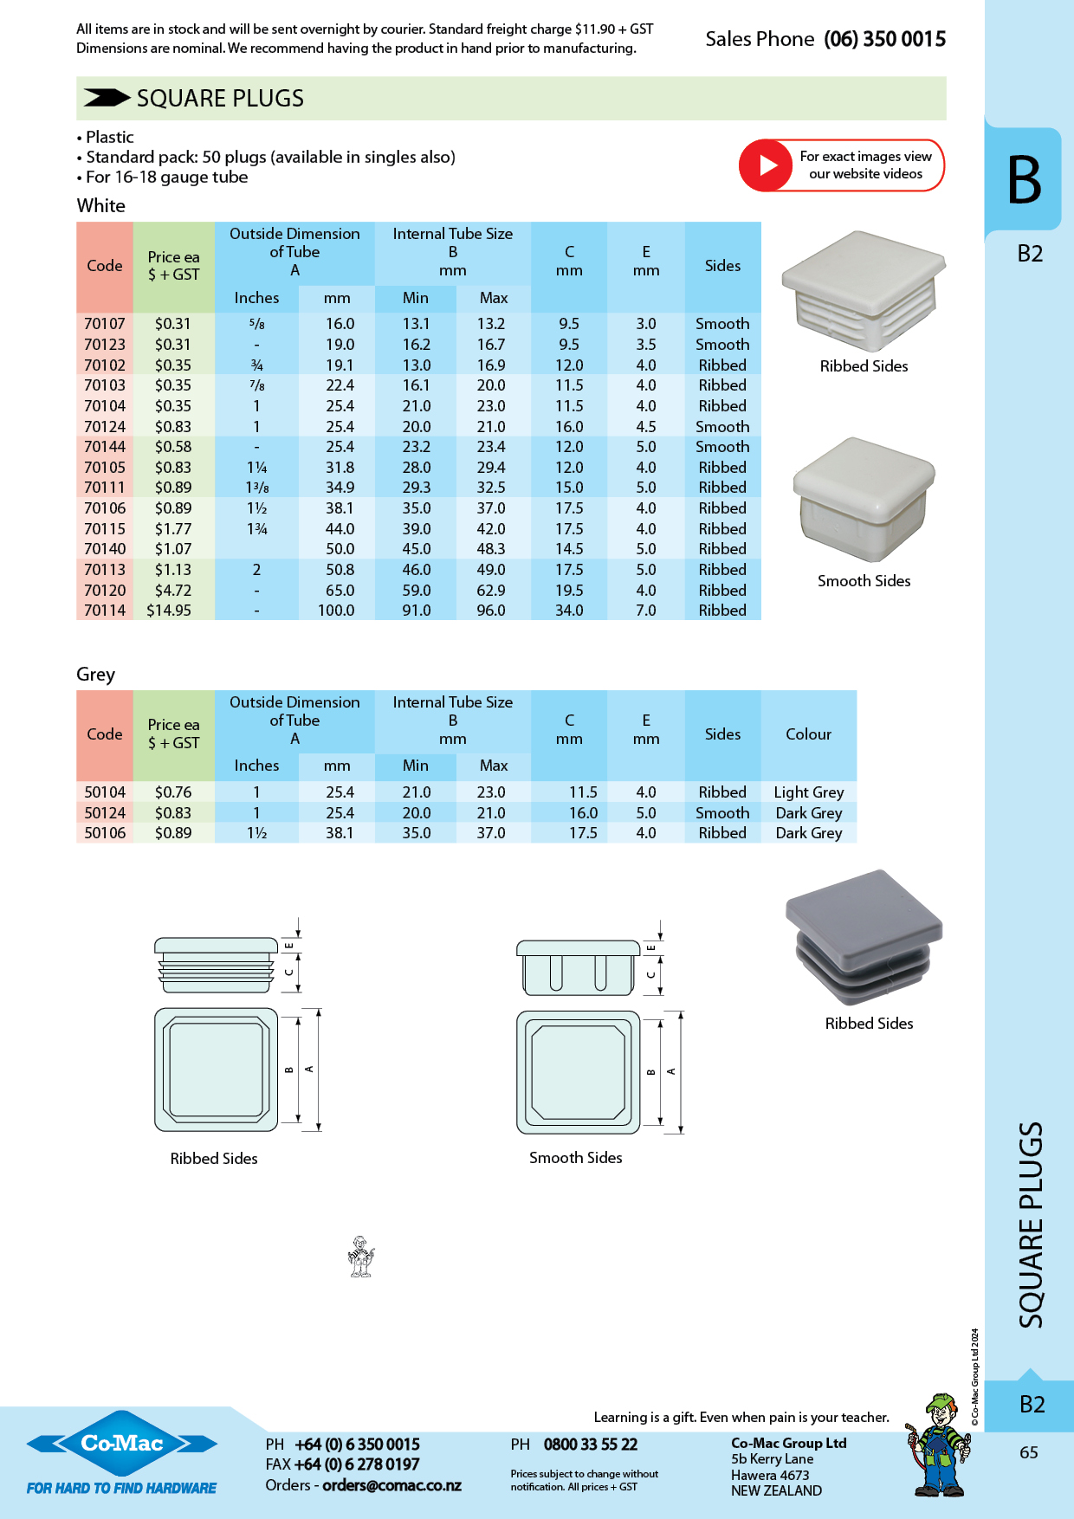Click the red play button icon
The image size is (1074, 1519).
(766, 165)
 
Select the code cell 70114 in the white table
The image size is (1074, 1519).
(105, 611)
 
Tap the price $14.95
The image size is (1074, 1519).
(169, 611)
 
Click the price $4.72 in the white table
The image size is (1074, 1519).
(173, 591)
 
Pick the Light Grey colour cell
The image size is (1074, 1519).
(809, 792)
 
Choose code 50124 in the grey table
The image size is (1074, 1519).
(105, 813)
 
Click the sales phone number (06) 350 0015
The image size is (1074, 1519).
(884, 39)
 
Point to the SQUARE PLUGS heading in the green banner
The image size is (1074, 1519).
(220, 98)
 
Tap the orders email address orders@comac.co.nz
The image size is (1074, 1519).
(391, 1485)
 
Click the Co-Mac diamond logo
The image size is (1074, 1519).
(122, 1443)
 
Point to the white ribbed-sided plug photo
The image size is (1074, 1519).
(864, 290)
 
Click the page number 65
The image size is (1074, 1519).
(1029, 1452)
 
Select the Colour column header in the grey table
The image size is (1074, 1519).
(808, 734)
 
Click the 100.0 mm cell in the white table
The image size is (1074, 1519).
(336, 611)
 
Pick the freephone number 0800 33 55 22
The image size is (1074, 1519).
(591, 1445)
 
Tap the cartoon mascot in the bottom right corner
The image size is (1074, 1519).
(939, 1445)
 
